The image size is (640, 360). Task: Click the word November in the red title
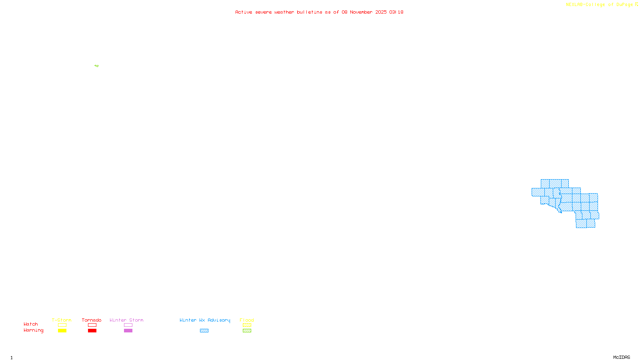361,12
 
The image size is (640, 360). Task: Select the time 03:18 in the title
396,12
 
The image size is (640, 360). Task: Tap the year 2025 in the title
381,12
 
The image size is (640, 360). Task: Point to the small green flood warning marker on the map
97,66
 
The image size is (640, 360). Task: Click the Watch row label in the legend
31,324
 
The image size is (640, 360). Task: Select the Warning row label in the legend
34,330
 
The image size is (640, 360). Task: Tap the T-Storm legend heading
62,320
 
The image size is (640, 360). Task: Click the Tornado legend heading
92,320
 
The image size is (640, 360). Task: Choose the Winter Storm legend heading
126,320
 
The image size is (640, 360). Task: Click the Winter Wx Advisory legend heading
205,320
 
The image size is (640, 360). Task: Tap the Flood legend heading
247,320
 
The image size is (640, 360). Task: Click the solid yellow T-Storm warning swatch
62,331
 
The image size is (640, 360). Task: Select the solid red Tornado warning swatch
92,331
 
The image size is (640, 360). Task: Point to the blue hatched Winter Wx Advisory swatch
204,331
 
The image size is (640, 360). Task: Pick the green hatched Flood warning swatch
247,331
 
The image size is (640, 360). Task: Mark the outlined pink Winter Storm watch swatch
128,325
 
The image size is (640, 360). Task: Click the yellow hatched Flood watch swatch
247,325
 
